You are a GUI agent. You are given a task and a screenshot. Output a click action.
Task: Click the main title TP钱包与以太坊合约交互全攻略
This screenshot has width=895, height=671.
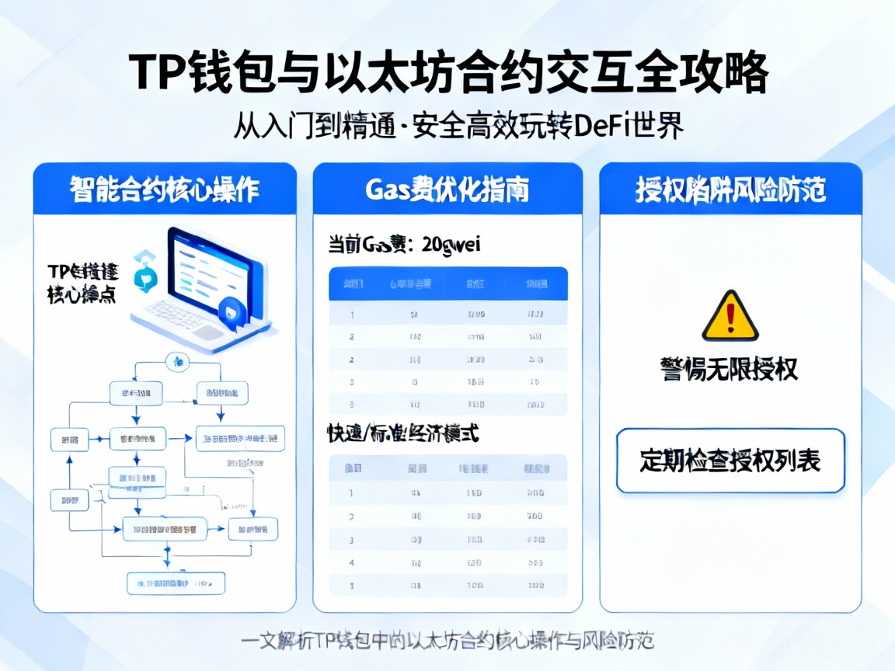(447, 75)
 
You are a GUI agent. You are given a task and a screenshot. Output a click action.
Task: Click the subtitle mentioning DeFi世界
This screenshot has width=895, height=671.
(458, 126)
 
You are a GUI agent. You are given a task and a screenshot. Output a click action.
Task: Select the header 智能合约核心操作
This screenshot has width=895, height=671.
(164, 189)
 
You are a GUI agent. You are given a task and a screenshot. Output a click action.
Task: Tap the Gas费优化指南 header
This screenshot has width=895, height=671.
(447, 189)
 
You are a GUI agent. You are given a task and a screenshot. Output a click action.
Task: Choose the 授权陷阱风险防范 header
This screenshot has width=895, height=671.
(730, 189)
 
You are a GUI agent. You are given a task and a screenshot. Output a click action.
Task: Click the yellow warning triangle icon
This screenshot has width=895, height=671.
(730, 318)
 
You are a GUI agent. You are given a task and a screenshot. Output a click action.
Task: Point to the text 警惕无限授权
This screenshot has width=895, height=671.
(730, 369)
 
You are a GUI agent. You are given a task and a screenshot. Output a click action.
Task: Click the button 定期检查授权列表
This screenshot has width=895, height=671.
(730, 461)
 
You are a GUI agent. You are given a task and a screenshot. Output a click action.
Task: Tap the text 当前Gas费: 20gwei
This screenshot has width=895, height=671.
(405, 245)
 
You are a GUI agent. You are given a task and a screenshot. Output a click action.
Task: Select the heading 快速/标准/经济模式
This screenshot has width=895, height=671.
(402, 434)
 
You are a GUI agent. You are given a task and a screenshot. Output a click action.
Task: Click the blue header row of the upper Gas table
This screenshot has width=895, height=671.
(447, 284)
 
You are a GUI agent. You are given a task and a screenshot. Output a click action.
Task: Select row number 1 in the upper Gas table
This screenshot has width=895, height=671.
(447, 315)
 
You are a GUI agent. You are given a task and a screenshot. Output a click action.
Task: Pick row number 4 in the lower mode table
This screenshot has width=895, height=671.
(447, 562)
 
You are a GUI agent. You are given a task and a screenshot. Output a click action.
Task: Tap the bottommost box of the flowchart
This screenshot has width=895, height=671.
(176, 582)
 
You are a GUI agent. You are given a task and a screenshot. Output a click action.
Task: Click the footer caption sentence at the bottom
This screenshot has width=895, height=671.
(447, 641)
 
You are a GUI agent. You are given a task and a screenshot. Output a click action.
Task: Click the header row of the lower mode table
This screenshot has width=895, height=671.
(447, 468)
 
